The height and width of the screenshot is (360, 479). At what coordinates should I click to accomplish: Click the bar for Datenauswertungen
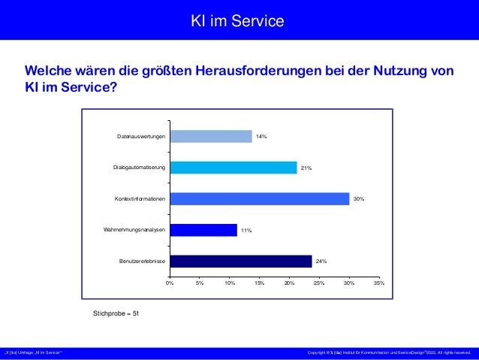211,136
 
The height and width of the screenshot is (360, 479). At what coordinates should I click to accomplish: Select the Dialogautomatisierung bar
233,168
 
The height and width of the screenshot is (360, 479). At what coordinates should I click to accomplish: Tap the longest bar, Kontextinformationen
259,198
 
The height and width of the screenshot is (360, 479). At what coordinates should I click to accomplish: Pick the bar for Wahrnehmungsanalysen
203,230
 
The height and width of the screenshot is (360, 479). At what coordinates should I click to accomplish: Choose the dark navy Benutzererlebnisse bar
240,261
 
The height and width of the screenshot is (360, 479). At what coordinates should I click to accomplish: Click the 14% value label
261,137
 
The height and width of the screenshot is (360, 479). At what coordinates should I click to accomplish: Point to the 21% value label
306,168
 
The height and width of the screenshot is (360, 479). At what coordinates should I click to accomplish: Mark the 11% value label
246,231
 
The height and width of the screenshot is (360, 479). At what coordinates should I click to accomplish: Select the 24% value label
321,262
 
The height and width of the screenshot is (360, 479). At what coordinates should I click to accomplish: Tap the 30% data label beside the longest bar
359,199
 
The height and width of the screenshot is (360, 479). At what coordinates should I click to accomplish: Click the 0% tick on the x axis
170,283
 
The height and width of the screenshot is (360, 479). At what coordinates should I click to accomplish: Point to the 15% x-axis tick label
259,283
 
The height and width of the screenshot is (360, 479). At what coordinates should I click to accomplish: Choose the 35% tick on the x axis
379,283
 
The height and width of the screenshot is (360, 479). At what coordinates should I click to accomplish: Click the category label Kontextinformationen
140,199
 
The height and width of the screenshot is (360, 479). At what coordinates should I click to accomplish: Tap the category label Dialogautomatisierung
139,168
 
